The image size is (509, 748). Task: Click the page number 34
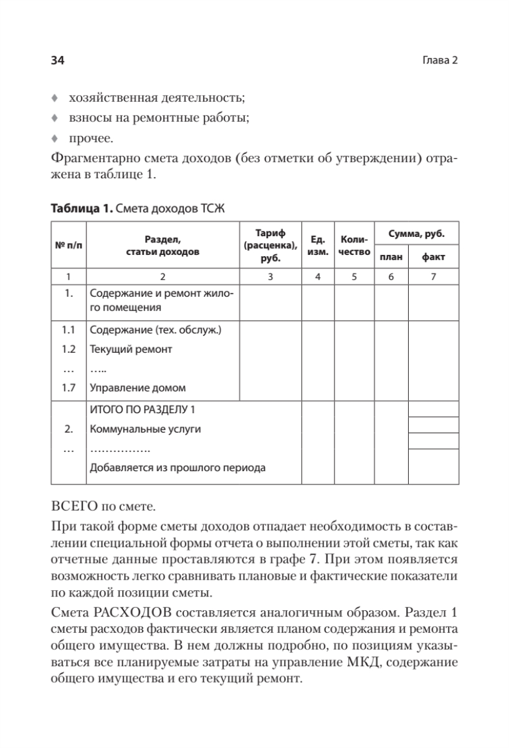tap(57, 60)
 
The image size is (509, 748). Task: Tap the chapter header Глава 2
tap(440, 60)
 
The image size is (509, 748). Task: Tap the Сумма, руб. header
tap(416, 235)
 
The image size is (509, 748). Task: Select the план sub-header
tap(391, 257)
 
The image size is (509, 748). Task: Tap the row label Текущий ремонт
tap(131, 349)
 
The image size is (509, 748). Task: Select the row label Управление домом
tap(138, 387)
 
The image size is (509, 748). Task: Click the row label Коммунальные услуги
tap(145, 429)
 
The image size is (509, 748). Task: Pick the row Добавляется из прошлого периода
tap(178, 468)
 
